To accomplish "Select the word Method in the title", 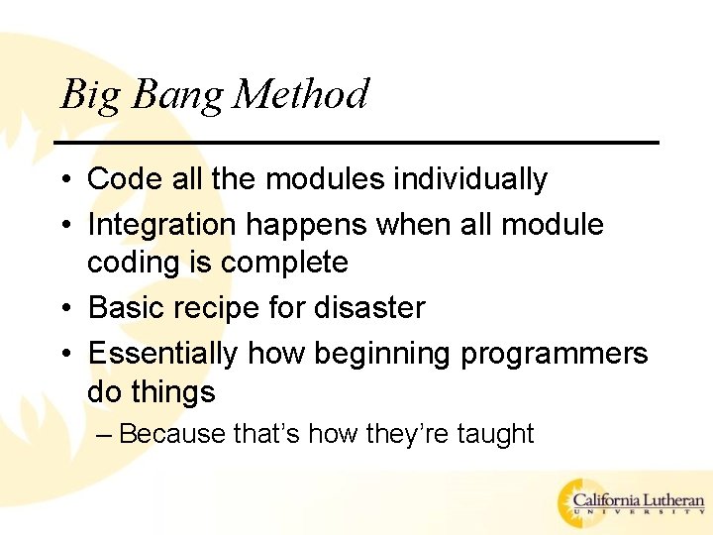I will click(x=301, y=95).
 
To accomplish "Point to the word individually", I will click(x=470, y=180).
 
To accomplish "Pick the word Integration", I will click(x=162, y=225).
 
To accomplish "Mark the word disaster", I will click(x=368, y=308).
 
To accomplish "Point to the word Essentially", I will click(x=163, y=353).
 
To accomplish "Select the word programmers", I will click(x=555, y=354).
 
